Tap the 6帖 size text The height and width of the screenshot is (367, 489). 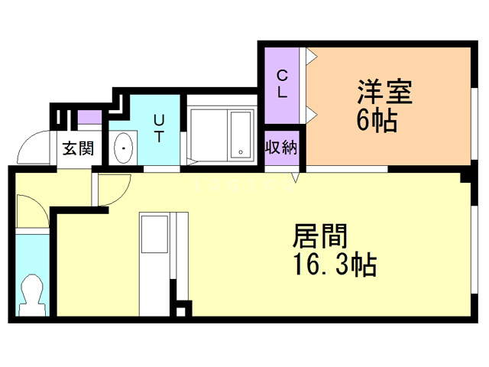(377, 121)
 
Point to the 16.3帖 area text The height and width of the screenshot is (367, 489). (332, 265)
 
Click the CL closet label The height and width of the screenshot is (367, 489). (282, 83)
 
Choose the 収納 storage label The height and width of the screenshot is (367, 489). (280, 148)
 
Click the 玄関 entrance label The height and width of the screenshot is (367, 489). (77, 148)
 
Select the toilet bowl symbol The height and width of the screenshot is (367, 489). (32, 290)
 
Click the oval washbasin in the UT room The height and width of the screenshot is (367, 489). (123, 147)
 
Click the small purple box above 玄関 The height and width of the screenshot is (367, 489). (89, 118)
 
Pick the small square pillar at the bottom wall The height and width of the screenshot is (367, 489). (181, 311)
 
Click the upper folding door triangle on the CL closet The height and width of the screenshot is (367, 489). (311, 57)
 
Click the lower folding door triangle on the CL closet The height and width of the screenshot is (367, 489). (311, 115)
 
